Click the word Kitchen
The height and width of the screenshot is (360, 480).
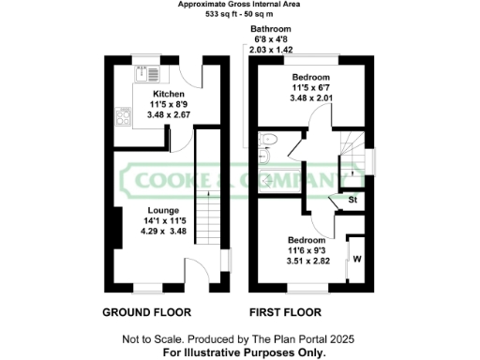click(169, 95)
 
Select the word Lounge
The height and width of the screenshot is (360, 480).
click(163, 211)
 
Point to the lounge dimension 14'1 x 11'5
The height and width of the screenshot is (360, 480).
click(163, 221)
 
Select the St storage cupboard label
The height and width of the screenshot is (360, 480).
click(352, 200)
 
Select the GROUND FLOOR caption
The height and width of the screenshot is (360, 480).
click(147, 312)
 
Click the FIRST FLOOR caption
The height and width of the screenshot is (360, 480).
click(285, 312)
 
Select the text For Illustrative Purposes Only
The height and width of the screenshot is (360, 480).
click(245, 352)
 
